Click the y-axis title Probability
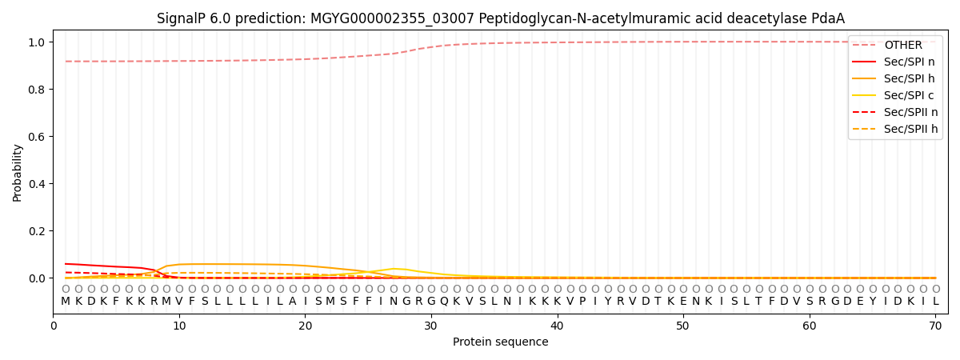(18, 172)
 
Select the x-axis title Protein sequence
(500, 342)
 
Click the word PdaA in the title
(827, 18)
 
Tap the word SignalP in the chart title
(182, 18)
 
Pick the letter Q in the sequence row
(444, 302)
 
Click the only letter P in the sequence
(582, 302)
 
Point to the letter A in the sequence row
(293, 302)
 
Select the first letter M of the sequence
(66, 302)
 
